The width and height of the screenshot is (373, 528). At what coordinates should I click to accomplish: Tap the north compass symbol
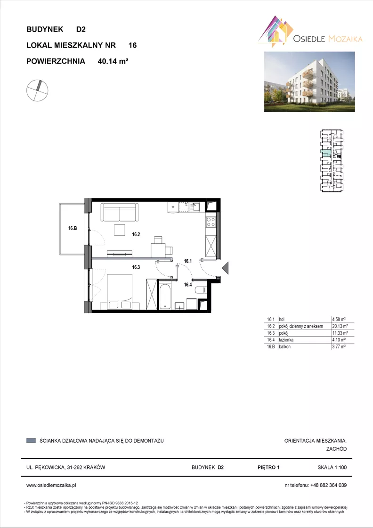click(37, 91)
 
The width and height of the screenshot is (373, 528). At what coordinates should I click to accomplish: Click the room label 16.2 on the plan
click(136, 235)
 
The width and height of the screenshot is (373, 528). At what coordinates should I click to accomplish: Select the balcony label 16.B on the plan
click(73, 228)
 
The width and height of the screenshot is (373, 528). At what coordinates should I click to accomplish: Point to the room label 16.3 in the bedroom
click(136, 267)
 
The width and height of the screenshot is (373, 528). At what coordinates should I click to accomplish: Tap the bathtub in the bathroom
click(165, 297)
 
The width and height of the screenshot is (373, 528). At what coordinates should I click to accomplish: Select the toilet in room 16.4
click(201, 290)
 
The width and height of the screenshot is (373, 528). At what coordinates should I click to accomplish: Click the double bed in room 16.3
click(120, 291)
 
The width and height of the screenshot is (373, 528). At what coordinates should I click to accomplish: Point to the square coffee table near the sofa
click(120, 230)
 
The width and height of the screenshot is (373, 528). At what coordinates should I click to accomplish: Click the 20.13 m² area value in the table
click(340, 326)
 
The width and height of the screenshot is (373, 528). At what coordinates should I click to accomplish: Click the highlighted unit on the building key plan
click(325, 154)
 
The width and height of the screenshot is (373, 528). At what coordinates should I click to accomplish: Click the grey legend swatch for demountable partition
click(31, 440)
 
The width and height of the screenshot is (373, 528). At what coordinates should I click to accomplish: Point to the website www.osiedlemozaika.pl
click(51, 485)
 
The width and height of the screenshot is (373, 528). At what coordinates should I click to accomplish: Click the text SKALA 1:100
click(332, 467)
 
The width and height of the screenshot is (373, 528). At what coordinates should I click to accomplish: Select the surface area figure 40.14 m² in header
click(113, 61)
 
